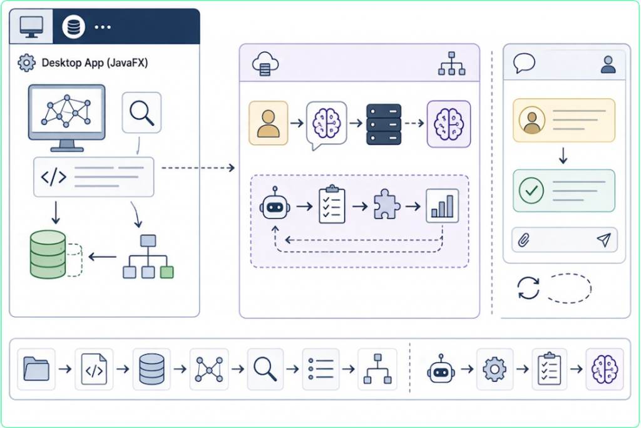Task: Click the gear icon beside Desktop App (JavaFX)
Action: coord(26,63)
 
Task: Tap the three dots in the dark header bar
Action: coord(103,28)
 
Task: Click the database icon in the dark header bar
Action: coord(74,27)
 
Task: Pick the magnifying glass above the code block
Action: coord(141,112)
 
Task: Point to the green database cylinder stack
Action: coord(48,254)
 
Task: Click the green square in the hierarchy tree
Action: coord(167,272)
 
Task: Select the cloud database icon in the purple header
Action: coord(265,64)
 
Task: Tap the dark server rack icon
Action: coord(384,125)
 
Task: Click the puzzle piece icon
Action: coord(386,205)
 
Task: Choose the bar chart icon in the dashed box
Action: coord(442,206)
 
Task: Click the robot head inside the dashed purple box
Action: coord(275,205)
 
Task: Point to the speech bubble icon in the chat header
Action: coord(524,63)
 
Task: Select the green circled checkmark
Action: coord(531,190)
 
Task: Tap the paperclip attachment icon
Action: coord(524,240)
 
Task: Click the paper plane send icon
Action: coord(604,240)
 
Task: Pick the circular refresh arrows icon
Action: coord(528,288)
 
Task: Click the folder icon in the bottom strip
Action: coord(36,369)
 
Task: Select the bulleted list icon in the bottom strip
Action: coord(321,369)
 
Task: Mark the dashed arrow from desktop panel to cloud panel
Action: coord(198,168)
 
